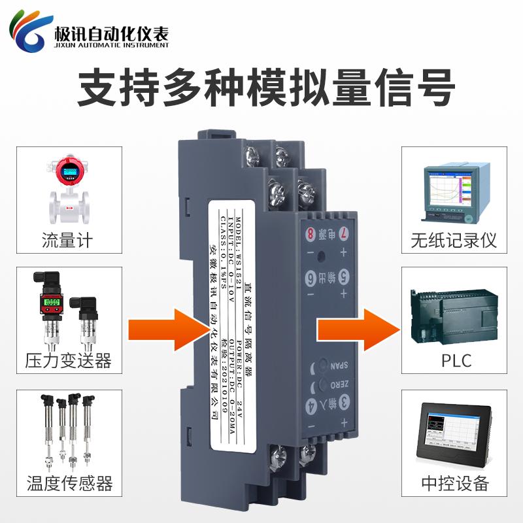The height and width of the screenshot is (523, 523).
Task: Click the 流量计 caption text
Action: coord(67,239)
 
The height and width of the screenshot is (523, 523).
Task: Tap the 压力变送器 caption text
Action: coord(67,360)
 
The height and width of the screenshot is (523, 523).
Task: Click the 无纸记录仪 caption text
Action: coord(454,239)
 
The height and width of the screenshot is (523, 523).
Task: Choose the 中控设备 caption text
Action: coord(455,483)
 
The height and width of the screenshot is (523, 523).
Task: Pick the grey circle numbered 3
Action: coord(341,402)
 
